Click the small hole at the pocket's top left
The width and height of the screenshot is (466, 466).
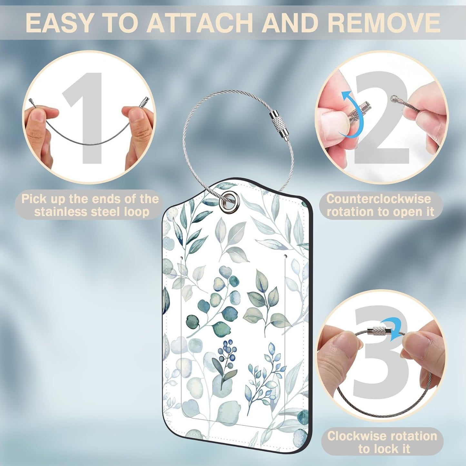tap(182, 256)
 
